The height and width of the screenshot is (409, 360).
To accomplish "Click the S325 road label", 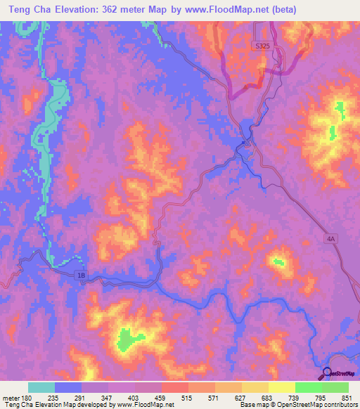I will [x=262, y=46].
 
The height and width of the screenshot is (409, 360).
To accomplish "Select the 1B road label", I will [x=81, y=276].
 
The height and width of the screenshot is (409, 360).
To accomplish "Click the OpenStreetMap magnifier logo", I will [x=327, y=374].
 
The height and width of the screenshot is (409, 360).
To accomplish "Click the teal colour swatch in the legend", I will [x=41, y=387].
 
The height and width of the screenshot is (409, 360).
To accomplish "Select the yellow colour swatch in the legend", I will [x=281, y=387].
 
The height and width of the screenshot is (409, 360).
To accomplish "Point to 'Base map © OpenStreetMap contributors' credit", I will [x=297, y=405].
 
